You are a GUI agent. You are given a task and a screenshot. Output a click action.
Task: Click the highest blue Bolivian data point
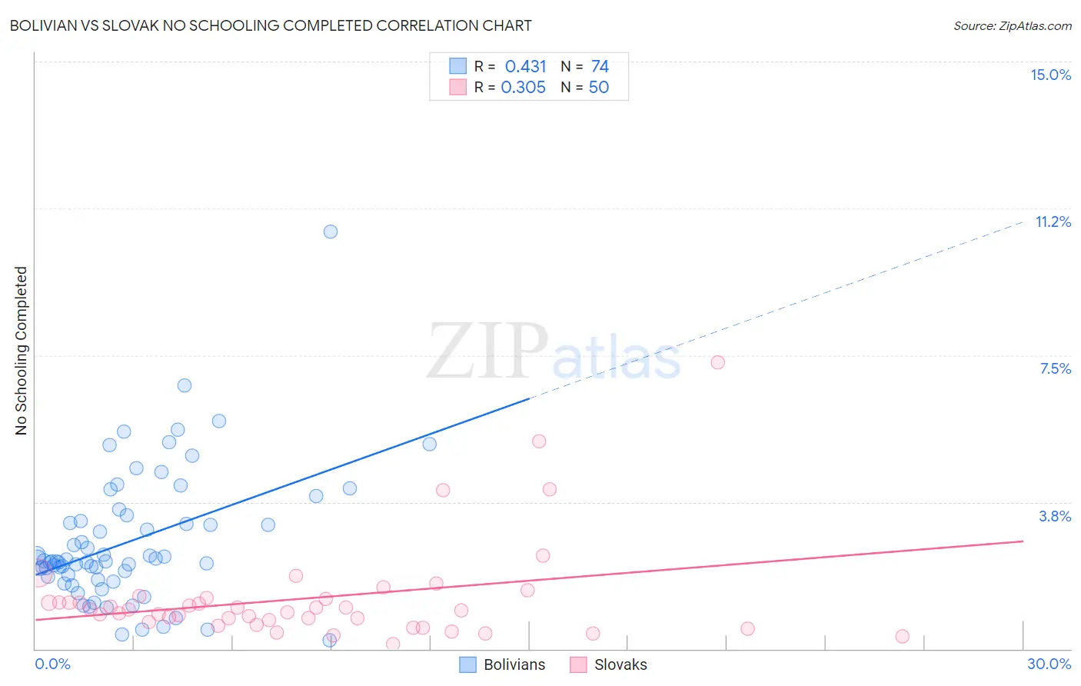coord(331,231)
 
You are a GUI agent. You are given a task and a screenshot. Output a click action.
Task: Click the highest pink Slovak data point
coord(718,362)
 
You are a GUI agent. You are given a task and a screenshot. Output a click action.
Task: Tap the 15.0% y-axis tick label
coord(1050,75)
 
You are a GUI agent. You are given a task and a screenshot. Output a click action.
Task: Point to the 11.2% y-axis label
coord(1053,221)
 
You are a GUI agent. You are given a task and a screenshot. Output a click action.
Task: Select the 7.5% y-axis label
coord(1055,368)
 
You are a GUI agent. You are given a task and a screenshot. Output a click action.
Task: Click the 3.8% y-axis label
coord(1055,516)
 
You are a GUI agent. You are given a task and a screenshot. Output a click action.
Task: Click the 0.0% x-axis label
coord(53,664)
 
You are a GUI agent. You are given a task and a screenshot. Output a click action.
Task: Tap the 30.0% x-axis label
coord(1049,664)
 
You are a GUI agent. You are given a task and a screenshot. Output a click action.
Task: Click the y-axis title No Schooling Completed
coord(22,351)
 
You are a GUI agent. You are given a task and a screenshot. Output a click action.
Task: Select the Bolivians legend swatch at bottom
coord(468,664)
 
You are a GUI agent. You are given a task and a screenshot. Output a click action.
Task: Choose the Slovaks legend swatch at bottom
coord(579,664)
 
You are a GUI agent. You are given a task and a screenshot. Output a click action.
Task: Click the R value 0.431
coord(525,66)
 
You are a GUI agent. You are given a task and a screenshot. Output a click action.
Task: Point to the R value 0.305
coord(523,88)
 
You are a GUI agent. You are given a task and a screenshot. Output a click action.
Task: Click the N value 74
coord(600,66)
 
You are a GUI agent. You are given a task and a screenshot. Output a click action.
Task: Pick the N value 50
coord(598,88)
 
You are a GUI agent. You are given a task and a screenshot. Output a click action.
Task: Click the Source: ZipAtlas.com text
coord(1012,26)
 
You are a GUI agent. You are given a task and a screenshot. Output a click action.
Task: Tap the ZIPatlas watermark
coord(554,352)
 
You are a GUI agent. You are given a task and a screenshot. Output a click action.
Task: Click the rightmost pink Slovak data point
coord(903,636)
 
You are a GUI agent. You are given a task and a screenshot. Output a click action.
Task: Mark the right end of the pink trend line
coord(1023,541)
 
